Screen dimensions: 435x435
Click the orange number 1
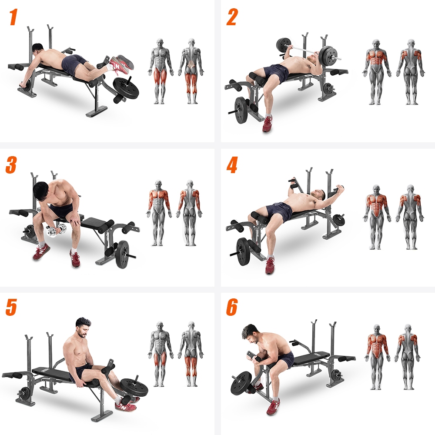pyautogui.click(x=13, y=17)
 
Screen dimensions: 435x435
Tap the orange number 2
pyautogui.click(x=232, y=17)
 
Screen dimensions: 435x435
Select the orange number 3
pyautogui.click(x=11, y=165)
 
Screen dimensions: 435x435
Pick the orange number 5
pyautogui.click(x=11, y=307)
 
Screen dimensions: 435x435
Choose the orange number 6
pyautogui.click(x=232, y=307)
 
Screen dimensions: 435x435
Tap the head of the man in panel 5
pyautogui.click(x=83, y=328)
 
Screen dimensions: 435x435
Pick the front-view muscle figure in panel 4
pyautogui.click(x=376, y=217)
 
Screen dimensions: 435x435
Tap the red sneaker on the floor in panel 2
pyautogui.click(x=267, y=124)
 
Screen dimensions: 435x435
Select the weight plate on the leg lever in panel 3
pyautogui.click(x=123, y=254)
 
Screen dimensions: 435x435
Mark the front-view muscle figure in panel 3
pyautogui.click(x=159, y=213)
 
